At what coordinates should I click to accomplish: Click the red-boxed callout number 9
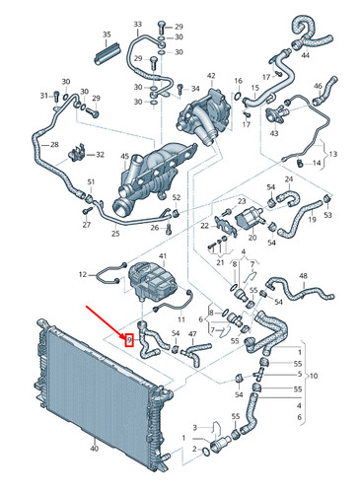point(129,340)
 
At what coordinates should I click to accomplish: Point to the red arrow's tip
point(124,335)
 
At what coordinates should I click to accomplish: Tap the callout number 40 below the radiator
point(94,449)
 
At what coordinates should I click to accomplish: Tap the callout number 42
point(209,75)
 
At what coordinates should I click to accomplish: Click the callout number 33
point(137,23)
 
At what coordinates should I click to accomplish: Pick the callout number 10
point(314,377)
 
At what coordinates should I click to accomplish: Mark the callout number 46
point(318,87)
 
